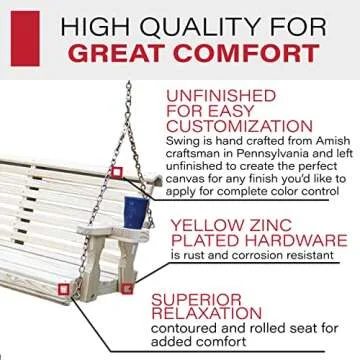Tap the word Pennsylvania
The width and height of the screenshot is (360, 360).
[x=274, y=162]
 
